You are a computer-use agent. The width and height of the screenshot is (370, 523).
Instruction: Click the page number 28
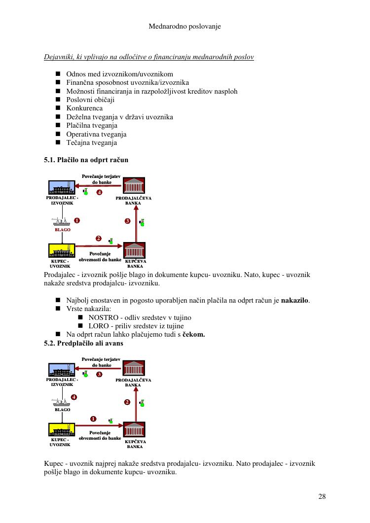tap(322, 496)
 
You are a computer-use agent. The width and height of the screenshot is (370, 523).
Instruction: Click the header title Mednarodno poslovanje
tap(185, 26)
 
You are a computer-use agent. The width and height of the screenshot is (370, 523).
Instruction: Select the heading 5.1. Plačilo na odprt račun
tap(86, 160)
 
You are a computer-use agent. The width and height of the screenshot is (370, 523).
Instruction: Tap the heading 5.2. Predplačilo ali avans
tap(83, 343)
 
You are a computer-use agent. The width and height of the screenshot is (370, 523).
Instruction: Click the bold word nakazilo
tap(295, 301)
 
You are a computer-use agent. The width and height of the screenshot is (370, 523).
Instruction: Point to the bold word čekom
tap(193, 335)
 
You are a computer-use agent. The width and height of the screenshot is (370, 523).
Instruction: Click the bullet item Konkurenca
tap(84, 108)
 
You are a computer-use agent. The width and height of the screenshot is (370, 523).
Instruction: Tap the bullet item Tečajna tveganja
tap(91, 142)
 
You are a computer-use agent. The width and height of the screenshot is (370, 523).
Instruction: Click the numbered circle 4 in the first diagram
tap(99, 192)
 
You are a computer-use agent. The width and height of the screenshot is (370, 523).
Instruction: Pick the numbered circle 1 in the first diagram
tap(77, 220)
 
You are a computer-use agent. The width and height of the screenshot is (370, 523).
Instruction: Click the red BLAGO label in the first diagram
tap(62, 230)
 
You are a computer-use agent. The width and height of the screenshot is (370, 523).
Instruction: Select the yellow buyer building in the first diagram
tap(62, 250)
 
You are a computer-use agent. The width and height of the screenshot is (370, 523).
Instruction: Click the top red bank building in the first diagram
tap(134, 186)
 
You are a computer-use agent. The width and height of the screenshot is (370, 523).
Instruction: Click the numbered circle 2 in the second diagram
tap(127, 402)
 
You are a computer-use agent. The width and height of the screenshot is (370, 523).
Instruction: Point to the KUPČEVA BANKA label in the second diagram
tap(135, 444)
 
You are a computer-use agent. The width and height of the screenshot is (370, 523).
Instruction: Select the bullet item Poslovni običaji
tap(90, 100)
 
